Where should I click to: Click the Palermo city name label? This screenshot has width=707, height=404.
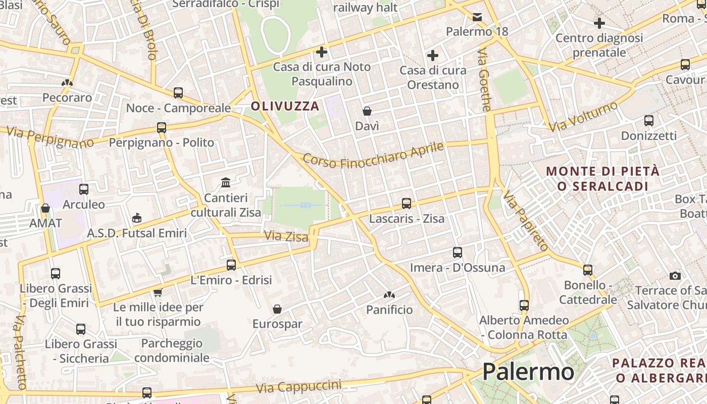[x=528, y=372]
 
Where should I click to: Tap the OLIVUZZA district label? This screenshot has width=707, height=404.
[x=285, y=106]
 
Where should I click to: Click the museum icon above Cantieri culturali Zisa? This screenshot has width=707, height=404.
[x=226, y=182]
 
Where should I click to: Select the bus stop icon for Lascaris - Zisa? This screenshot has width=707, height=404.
[x=407, y=204]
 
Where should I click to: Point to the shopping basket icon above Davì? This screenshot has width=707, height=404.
[x=367, y=111]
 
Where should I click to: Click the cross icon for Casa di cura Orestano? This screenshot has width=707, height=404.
[x=433, y=56]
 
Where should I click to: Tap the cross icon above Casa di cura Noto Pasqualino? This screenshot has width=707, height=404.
[x=322, y=52]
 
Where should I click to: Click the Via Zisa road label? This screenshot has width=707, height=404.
[x=286, y=236]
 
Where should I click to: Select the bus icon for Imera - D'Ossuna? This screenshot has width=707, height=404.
[x=458, y=252]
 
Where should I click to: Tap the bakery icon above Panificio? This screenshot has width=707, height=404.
[x=389, y=295]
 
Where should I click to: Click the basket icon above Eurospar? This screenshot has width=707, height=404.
[x=277, y=309]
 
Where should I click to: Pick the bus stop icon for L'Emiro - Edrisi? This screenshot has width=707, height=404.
[x=231, y=265]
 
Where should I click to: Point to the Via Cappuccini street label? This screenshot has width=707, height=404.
[x=298, y=387]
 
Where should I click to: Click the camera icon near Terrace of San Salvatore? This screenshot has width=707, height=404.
[x=675, y=276]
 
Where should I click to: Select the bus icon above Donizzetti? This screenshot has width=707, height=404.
[x=649, y=121]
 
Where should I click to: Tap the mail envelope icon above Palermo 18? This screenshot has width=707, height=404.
[x=477, y=17]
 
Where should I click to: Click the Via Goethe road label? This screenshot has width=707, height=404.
[x=484, y=80]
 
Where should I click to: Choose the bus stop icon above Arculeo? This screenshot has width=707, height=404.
[x=84, y=189]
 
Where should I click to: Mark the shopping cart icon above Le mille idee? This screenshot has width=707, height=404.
[x=158, y=292]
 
